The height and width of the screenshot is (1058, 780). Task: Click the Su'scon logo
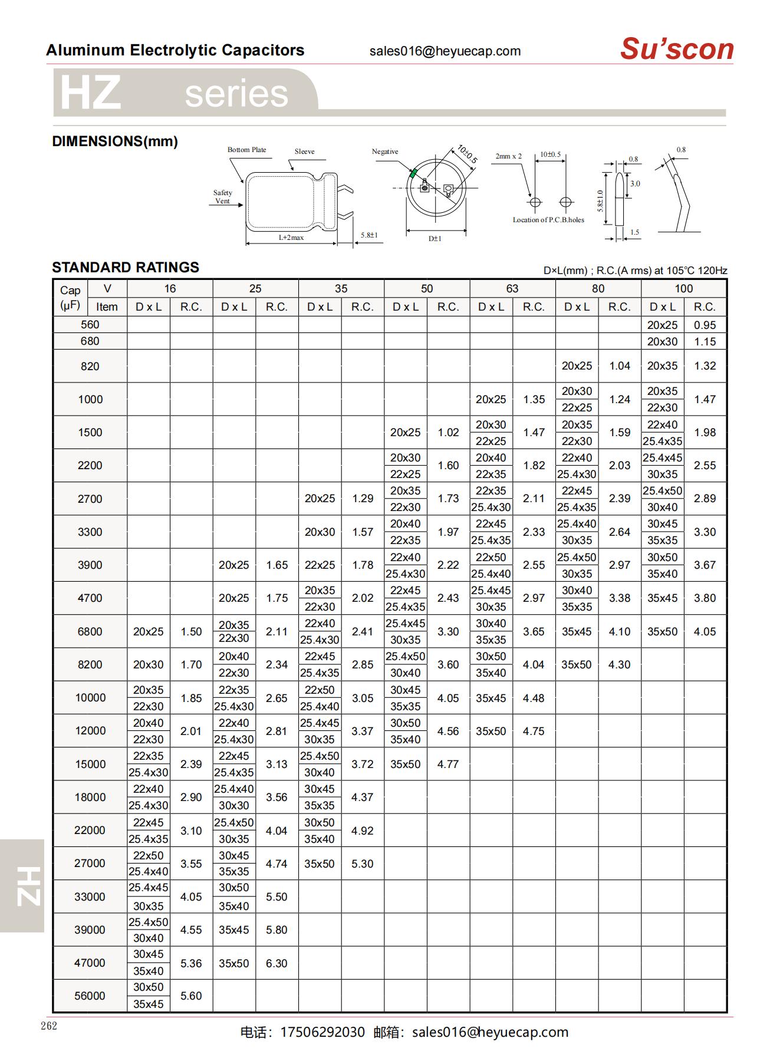pyautogui.click(x=676, y=49)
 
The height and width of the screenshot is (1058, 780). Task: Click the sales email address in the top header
pyautogui.click(x=445, y=51)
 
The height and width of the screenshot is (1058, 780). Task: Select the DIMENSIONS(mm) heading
pyautogui.click(x=115, y=141)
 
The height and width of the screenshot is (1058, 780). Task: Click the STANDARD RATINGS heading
pyautogui.click(x=126, y=268)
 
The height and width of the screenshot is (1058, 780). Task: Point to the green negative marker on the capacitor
pyautogui.click(x=413, y=173)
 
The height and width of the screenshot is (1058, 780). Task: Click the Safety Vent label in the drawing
pyautogui.click(x=222, y=197)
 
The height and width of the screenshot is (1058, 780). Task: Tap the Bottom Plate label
pyautogui.click(x=246, y=150)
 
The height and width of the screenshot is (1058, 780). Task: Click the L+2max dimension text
pyautogui.click(x=291, y=238)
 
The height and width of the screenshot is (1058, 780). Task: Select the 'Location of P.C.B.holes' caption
pyautogui.click(x=548, y=220)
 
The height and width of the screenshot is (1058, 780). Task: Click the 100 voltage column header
pyautogui.click(x=683, y=289)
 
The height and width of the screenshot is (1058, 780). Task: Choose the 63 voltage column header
pyautogui.click(x=512, y=289)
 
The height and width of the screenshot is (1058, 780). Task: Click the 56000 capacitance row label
pyautogui.click(x=90, y=996)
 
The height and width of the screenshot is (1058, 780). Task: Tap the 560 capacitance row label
pyautogui.click(x=90, y=325)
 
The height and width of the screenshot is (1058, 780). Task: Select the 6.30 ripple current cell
pyautogui.click(x=277, y=963)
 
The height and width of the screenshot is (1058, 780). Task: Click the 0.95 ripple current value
pyautogui.click(x=705, y=325)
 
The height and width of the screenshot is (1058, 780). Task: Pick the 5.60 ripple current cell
pyautogui.click(x=191, y=996)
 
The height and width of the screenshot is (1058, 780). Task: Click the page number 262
pyautogui.click(x=49, y=1026)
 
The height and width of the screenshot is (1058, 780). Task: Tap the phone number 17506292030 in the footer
pyautogui.click(x=322, y=1032)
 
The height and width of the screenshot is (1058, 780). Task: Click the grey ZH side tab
pyautogui.click(x=22, y=885)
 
